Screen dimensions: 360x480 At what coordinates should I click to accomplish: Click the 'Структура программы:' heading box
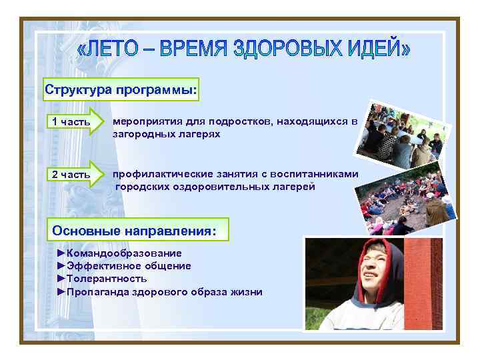(x=121, y=90)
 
